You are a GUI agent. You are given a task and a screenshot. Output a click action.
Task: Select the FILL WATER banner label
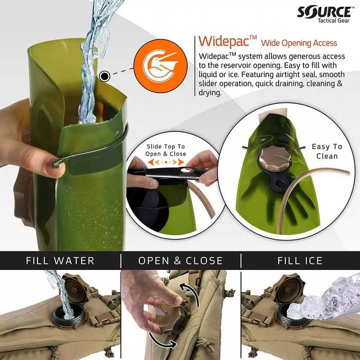click(60, 261)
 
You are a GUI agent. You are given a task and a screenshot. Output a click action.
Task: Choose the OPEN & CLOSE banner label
click(181, 261)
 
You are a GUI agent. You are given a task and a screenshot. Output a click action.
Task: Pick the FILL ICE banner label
click(300, 261)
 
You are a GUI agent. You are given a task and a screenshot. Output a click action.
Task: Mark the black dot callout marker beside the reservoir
click(105, 77)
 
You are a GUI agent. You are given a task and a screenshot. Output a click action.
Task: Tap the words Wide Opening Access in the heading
click(299, 43)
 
